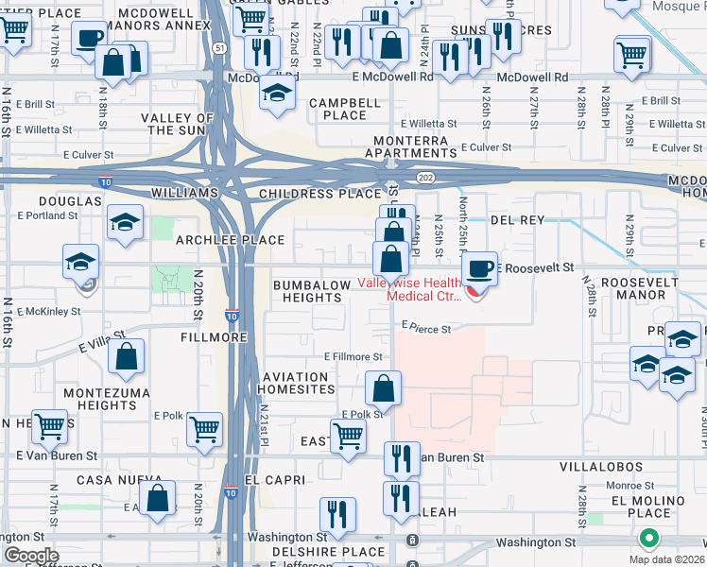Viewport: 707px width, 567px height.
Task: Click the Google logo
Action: click(x=31, y=556)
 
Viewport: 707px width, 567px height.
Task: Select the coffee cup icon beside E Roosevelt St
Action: click(x=480, y=269)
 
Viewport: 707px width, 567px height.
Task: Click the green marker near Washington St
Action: click(x=648, y=540)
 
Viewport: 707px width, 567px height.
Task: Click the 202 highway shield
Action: click(x=423, y=177)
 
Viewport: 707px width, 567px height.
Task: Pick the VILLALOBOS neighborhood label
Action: click(x=614, y=467)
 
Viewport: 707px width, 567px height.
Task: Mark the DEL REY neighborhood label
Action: click(x=518, y=219)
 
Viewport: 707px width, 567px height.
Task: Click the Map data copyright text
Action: click(x=666, y=558)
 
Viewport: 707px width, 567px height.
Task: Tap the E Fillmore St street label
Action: click(x=353, y=357)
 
